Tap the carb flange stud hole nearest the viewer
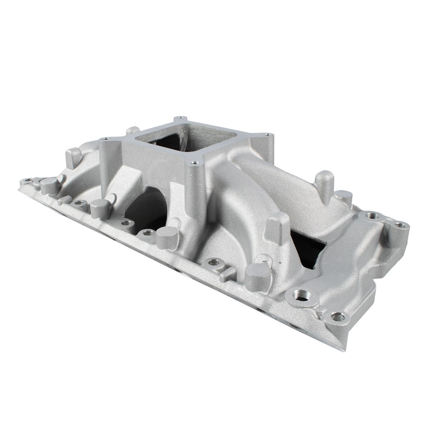(193, 163)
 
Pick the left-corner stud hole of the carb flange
(104, 139)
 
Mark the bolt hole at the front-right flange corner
(338, 316)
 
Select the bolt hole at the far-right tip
(400, 225)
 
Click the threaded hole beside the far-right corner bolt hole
(373, 215)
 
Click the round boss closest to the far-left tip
(49, 185)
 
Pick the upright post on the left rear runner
(73, 157)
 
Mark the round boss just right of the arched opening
(168, 238)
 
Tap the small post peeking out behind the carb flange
(132, 131)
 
